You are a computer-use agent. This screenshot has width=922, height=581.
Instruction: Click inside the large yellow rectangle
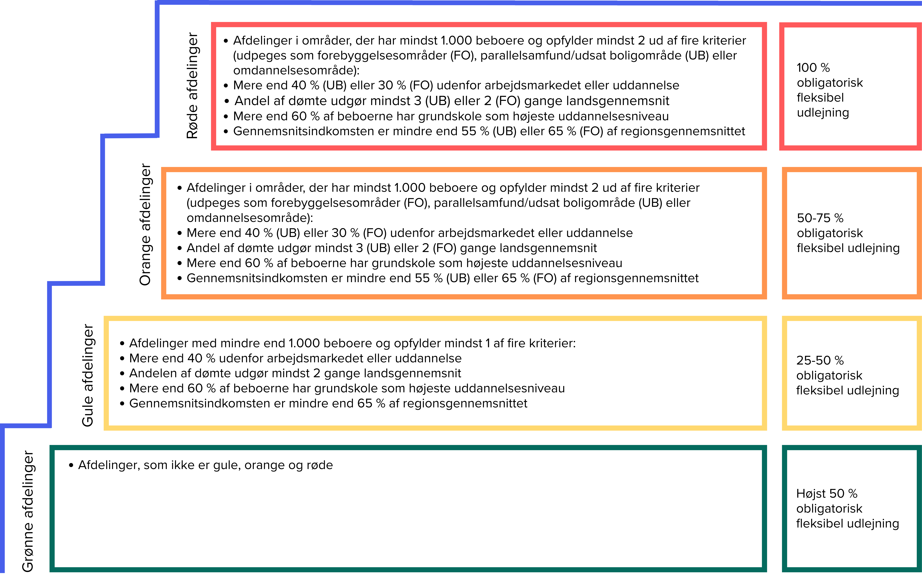(x=435, y=373)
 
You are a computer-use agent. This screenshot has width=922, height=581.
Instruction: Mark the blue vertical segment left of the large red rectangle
(x=157, y=69)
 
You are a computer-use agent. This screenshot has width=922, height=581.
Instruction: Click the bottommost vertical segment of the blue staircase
(x=2, y=498)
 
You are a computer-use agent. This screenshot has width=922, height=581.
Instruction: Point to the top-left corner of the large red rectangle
(x=214, y=25)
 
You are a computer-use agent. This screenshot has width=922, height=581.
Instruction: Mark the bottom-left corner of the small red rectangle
(x=782, y=148)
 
